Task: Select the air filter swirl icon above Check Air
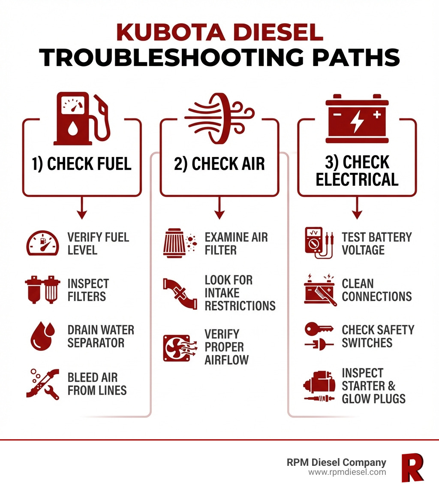[x=219, y=117]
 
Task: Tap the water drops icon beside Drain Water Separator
[x=42, y=337]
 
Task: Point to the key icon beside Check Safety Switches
[x=319, y=329]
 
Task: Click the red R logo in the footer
[x=412, y=467]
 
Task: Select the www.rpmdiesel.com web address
[x=347, y=472]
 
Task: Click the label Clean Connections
[x=376, y=290]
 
